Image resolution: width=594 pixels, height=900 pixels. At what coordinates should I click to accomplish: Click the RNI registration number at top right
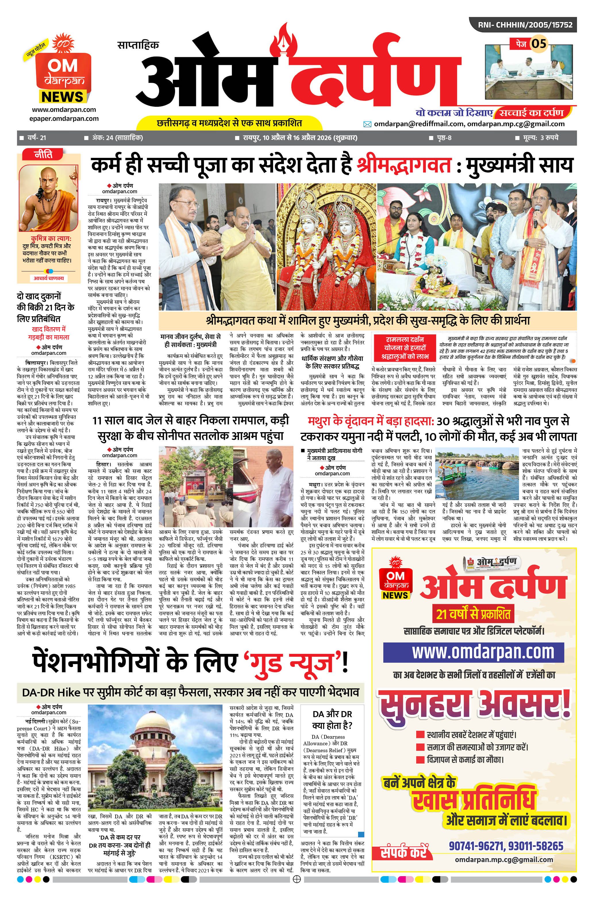pos(525,25)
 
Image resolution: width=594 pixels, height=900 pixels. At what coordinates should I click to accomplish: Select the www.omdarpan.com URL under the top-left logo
pos(64,110)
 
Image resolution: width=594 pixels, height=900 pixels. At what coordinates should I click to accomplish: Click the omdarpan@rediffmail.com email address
pos(419,124)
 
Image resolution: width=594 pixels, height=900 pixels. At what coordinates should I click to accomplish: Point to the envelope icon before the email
pos(367,124)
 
